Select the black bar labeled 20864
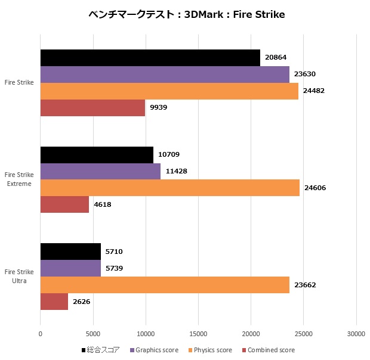pos(150,58)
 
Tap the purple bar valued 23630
pos(165,75)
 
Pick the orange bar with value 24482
pos(169,91)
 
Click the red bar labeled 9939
pos(92,108)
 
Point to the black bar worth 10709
pos(97,155)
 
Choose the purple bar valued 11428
pos(100,172)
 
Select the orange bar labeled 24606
pos(169,188)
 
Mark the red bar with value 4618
pos(64,205)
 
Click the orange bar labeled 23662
pos(165,285)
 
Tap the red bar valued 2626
pos(54,302)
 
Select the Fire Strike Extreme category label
pos(19,179)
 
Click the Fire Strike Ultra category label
pos(19,277)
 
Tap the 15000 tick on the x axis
pos(198,334)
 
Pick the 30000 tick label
pos(356,334)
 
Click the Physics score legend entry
pos(212,350)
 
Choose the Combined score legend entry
pos(270,350)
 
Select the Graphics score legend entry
pos(157,350)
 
